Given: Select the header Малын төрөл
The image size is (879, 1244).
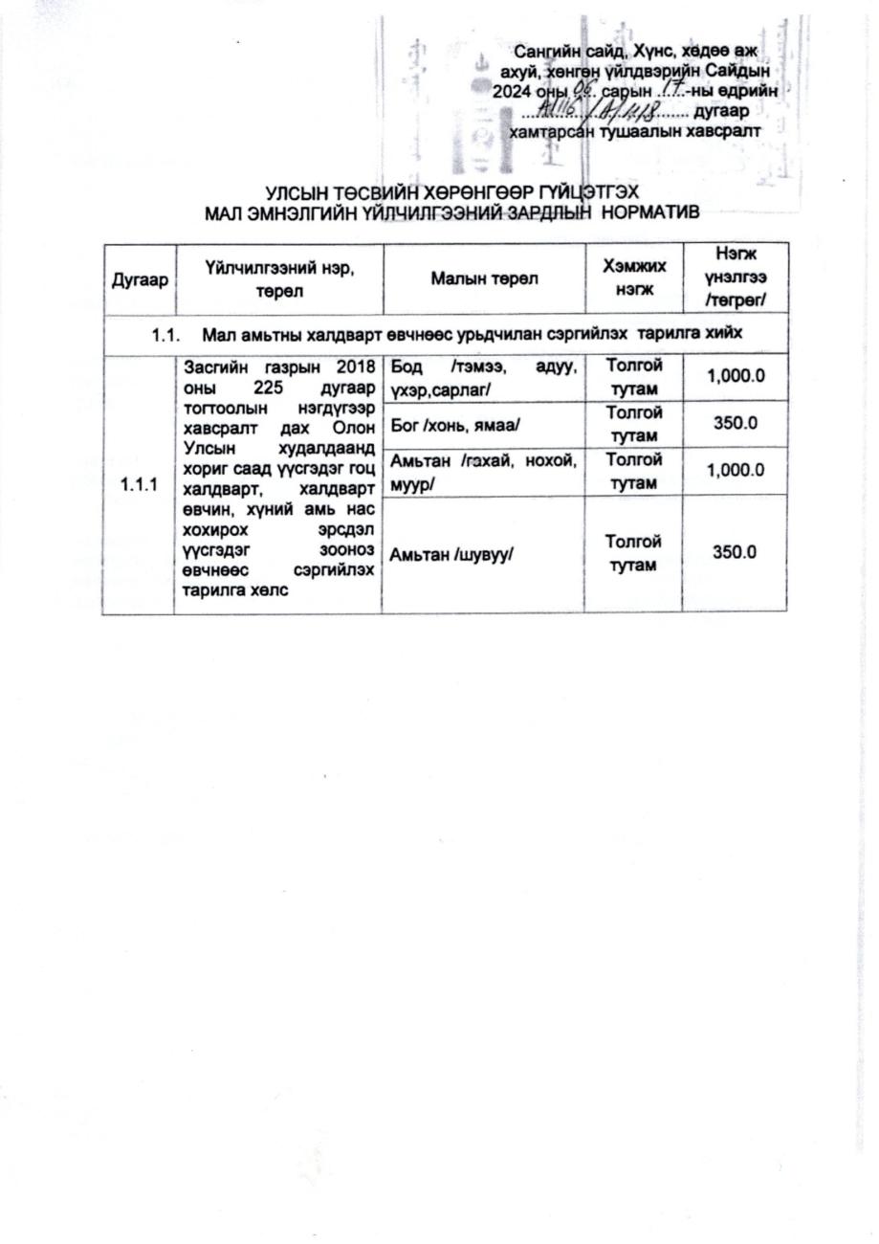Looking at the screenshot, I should (484, 279).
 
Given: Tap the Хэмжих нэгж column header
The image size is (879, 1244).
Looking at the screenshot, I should (634, 278).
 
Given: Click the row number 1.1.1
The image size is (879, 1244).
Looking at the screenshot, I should (139, 485).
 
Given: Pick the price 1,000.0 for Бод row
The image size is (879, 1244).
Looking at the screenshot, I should (736, 376).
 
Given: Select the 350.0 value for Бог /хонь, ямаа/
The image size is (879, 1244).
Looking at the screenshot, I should (736, 423).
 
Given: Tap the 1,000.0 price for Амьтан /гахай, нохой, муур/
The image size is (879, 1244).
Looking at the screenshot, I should (736, 470).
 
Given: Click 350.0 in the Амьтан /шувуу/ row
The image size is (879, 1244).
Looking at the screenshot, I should (736, 552).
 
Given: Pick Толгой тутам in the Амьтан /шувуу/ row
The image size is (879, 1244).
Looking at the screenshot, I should (633, 553).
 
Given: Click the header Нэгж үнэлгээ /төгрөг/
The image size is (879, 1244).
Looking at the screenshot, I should (736, 278).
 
